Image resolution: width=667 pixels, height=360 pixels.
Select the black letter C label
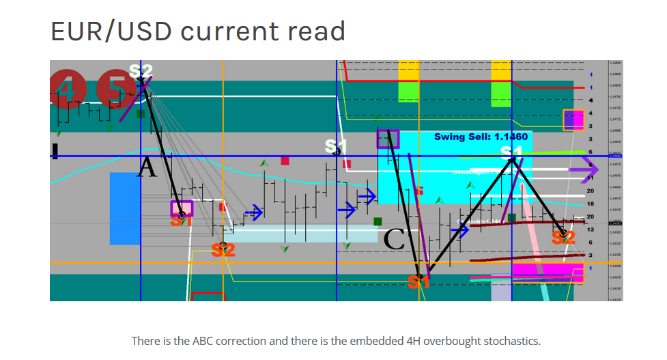(x=395, y=240)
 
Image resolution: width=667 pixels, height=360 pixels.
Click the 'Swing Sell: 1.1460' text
(x=481, y=137)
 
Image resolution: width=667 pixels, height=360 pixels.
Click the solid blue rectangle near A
(x=124, y=208)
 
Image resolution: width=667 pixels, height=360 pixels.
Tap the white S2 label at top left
(x=141, y=70)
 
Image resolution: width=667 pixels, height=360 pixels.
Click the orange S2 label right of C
(x=563, y=238)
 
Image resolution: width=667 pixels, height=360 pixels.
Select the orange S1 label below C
(x=418, y=281)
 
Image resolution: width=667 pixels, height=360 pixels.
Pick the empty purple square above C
(x=388, y=139)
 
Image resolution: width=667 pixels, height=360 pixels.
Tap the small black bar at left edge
(x=55, y=150)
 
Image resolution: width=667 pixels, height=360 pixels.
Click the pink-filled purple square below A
(x=182, y=208)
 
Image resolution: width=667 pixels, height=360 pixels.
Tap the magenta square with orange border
(x=573, y=120)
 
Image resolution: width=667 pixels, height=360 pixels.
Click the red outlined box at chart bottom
(x=208, y=296)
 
